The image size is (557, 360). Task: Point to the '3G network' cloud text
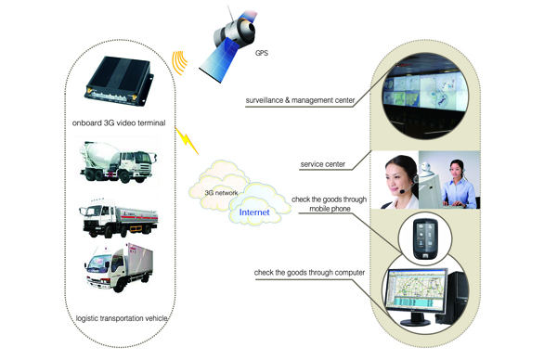point(222,192)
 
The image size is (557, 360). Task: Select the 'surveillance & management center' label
point(294,96)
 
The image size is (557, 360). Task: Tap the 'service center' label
point(324,164)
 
